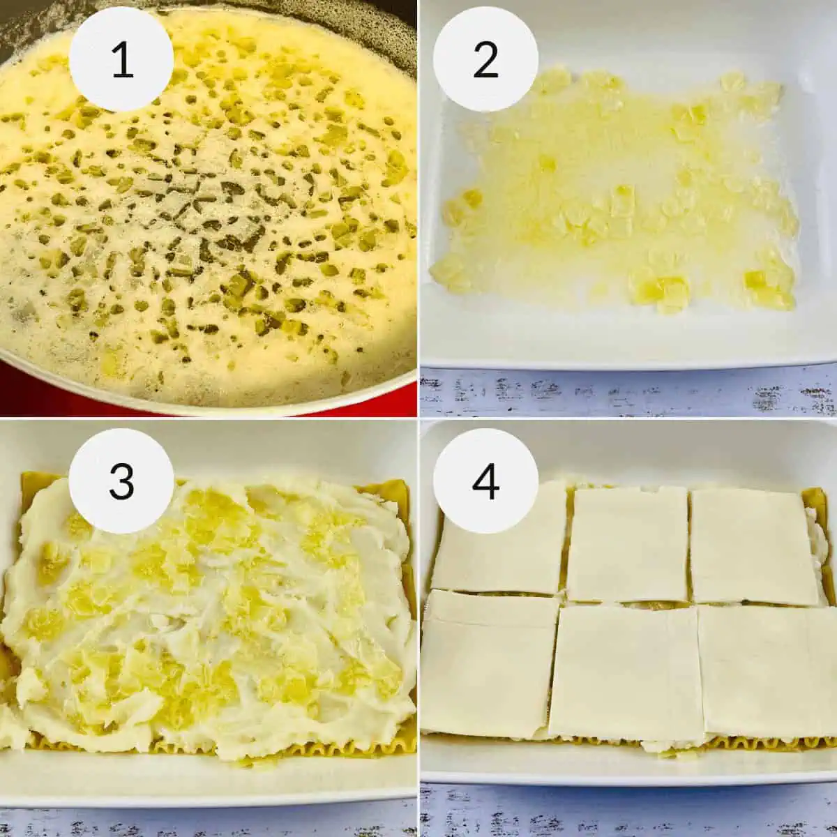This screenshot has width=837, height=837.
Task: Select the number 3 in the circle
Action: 122,481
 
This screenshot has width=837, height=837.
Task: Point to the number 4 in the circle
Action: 485,481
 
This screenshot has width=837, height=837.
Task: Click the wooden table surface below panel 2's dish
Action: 628,394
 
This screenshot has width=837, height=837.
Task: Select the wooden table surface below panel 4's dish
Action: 628,809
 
